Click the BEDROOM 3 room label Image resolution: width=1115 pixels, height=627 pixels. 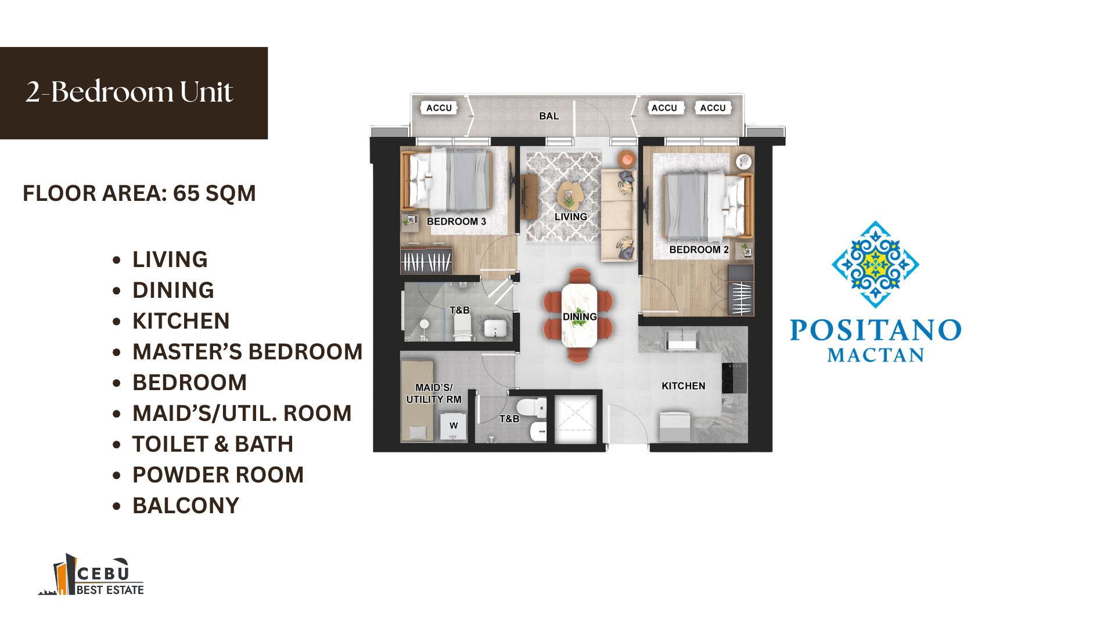click(x=456, y=221)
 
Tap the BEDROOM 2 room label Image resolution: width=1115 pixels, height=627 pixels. click(x=699, y=250)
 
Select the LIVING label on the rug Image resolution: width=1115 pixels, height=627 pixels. click(x=571, y=217)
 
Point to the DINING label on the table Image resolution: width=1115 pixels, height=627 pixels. click(x=580, y=316)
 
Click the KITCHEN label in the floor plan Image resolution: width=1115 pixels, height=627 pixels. click(x=684, y=386)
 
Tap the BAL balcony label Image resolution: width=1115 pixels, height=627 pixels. click(x=549, y=116)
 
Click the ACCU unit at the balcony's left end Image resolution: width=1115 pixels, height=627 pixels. click(x=439, y=108)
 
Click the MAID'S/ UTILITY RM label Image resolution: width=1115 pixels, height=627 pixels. click(x=434, y=394)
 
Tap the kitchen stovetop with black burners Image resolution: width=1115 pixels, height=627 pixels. click(x=734, y=378)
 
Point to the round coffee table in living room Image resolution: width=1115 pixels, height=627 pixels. click(x=569, y=196)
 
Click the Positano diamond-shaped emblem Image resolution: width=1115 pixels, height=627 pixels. click(x=875, y=264)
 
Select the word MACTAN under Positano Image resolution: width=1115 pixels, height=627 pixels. click(x=876, y=355)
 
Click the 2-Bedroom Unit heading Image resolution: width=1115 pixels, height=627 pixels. click(x=130, y=92)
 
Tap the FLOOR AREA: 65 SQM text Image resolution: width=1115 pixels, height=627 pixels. click(x=139, y=193)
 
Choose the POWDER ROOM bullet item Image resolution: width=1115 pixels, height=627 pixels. click(x=218, y=475)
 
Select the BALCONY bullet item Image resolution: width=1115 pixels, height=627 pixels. click(x=186, y=506)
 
